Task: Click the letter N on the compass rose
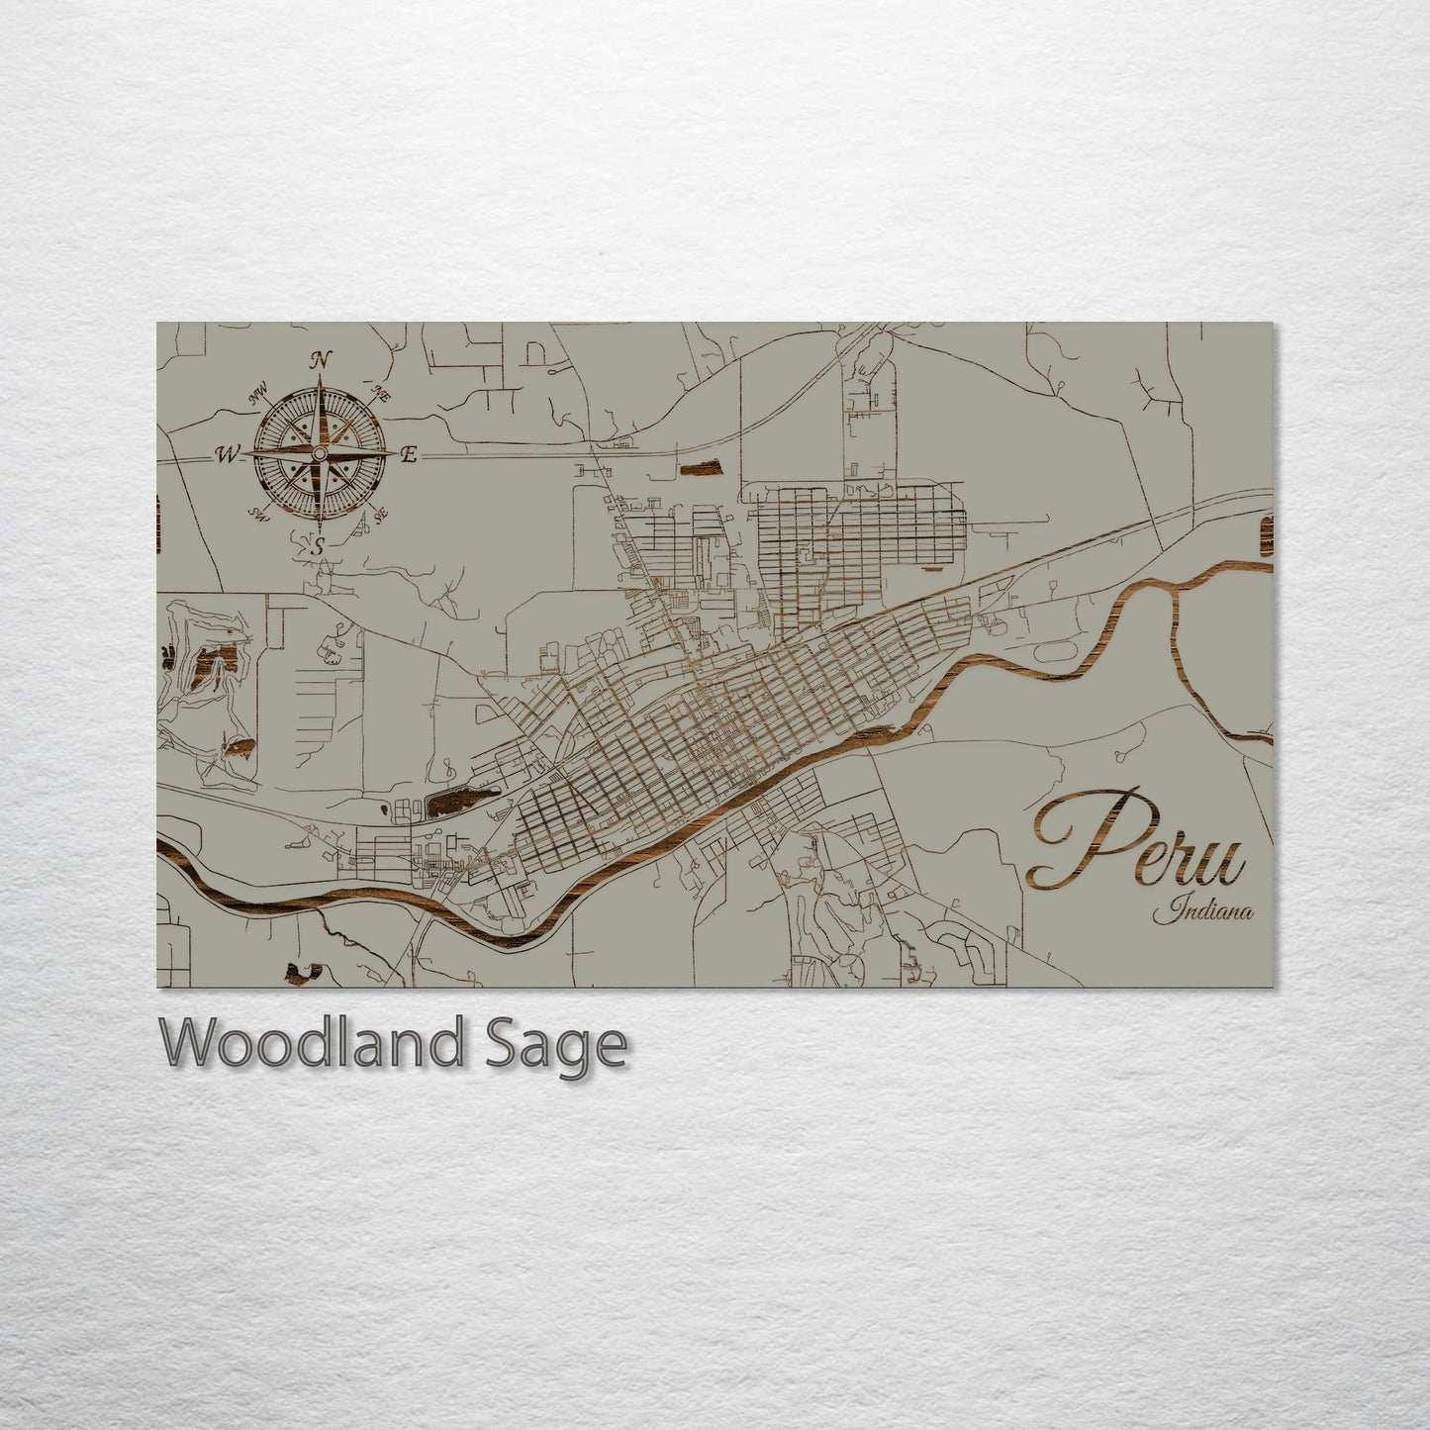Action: [320, 360]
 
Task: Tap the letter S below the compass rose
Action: [319, 545]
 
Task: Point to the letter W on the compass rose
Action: [228, 454]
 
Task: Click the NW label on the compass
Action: [259, 397]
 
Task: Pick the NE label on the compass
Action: [378, 392]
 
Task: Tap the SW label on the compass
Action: [261, 514]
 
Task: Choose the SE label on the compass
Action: [379, 513]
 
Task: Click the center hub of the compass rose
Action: [319, 453]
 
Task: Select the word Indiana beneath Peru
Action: [1201, 909]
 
